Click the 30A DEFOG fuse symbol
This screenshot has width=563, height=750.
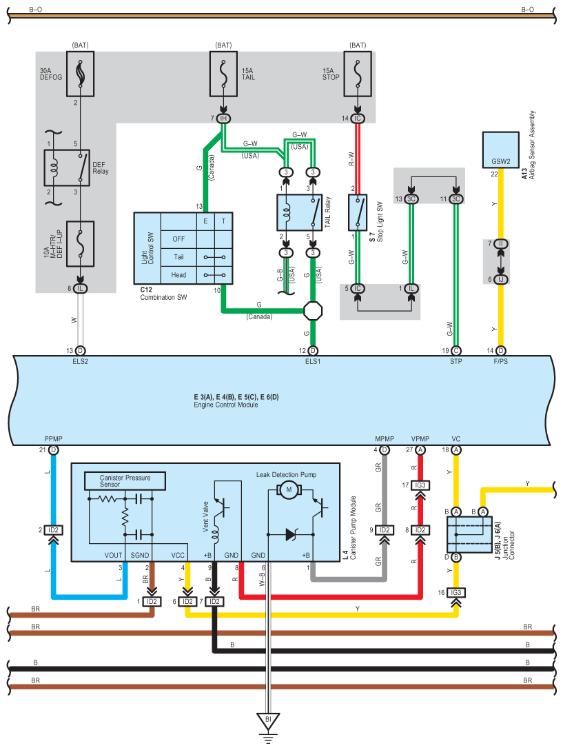[x=80, y=74]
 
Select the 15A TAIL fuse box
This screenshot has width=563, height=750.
[x=223, y=74]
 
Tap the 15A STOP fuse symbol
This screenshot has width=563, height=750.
[x=358, y=74]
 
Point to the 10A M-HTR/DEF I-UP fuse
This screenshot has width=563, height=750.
[x=80, y=244]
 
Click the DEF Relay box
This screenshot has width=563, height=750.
[x=67, y=168]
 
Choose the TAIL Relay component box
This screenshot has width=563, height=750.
[x=300, y=212]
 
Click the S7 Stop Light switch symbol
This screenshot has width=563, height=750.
[x=358, y=212]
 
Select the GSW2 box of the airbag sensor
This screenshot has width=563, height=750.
[x=501, y=150]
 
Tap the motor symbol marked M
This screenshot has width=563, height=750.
[x=289, y=490]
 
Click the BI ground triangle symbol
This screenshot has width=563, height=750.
[x=268, y=721]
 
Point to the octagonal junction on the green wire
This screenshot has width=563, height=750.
[x=313, y=311]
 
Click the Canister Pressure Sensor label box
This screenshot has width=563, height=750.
[x=125, y=480]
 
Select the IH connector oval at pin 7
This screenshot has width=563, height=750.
[x=223, y=118]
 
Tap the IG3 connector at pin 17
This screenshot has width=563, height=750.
[x=420, y=485]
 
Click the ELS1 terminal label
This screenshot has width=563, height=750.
[x=313, y=362]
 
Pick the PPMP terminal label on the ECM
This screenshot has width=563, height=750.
[x=54, y=438]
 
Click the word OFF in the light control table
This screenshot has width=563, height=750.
[x=178, y=239]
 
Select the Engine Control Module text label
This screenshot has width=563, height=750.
[x=226, y=405]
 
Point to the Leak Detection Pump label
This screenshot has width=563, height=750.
[x=286, y=474]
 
